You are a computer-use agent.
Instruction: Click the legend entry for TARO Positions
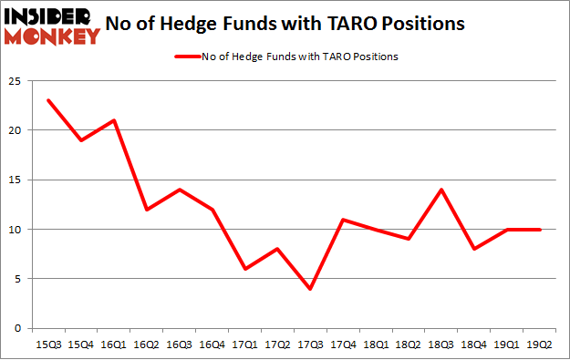point(284,57)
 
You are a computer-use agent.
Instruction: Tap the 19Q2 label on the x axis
point(540,344)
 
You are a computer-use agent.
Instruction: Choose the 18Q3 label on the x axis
point(441,344)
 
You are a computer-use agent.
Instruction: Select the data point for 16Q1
point(113,120)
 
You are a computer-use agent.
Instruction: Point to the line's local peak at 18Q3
point(441,190)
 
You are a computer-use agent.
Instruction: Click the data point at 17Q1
point(244,269)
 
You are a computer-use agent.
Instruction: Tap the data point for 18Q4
point(474,249)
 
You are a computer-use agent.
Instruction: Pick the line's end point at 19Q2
point(540,229)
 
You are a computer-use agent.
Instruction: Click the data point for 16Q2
point(146,210)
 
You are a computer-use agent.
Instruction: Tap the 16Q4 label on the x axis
point(212,344)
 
